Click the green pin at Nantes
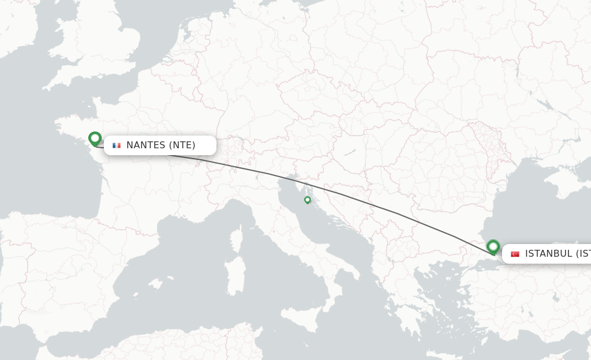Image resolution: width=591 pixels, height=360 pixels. (x=95, y=138)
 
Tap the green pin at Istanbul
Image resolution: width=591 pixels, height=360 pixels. (x=493, y=247)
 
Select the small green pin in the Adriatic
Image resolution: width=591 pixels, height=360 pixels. (x=308, y=200)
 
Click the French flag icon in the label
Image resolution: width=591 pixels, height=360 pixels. (x=117, y=145)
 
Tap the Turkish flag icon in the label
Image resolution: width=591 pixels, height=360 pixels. (x=515, y=254)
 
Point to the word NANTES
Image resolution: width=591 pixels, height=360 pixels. (x=145, y=145)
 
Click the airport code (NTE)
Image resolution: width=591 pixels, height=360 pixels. (x=182, y=145)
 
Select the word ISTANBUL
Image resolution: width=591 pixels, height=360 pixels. (x=548, y=254)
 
